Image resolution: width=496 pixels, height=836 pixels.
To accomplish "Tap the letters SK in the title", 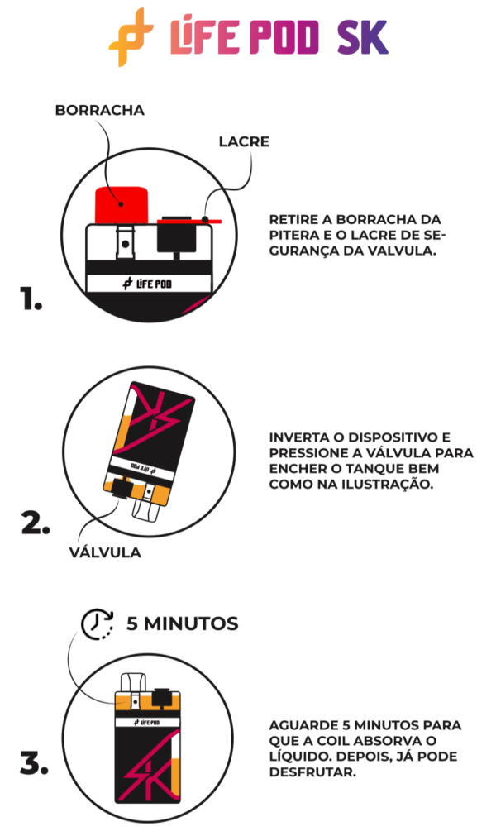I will [x=362, y=38].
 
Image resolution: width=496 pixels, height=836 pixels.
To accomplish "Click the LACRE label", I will [x=244, y=141].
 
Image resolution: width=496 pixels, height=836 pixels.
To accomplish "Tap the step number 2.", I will [x=35, y=523].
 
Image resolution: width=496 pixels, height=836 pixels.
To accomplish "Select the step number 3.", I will [x=34, y=765].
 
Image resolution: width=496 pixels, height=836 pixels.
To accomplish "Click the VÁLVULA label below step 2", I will [x=105, y=552].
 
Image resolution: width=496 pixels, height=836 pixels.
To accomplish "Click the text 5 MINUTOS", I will [x=182, y=623].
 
